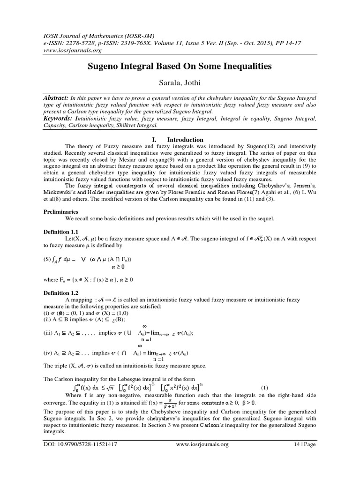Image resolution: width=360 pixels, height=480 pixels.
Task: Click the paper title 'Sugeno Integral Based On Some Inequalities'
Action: click(x=180, y=67)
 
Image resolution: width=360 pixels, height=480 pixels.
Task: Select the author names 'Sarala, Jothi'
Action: click(x=180, y=82)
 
